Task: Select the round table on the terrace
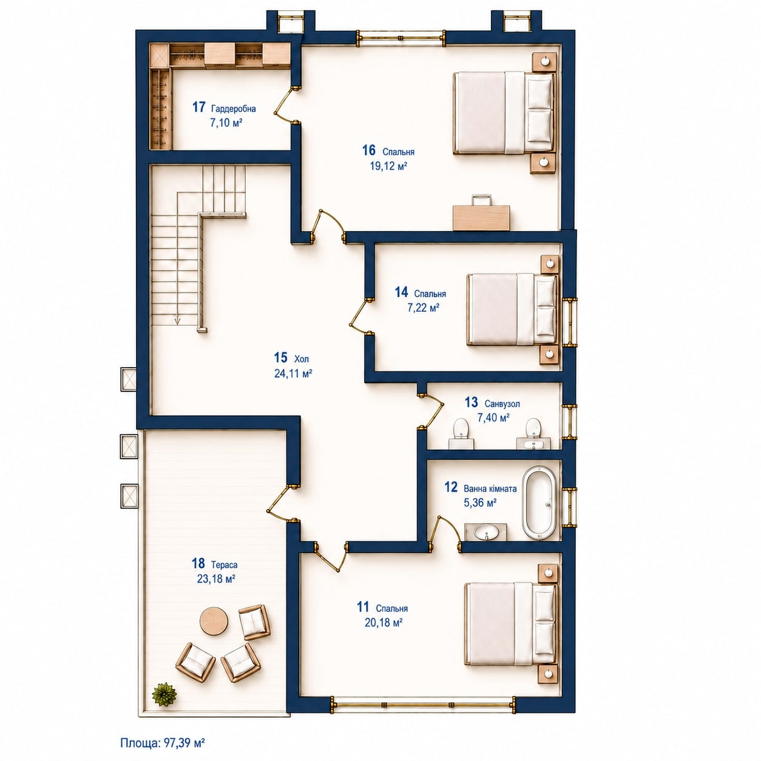click(214, 621)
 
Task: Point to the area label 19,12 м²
click(388, 166)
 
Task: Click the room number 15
click(280, 358)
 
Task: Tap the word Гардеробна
click(234, 109)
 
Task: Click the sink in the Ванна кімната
click(485, 532)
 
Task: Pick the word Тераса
click(224, 564)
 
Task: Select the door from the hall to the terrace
click(281, 504)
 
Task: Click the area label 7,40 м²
click(493, 418)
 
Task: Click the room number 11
click(363, 607)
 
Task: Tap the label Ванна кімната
click(490, 489)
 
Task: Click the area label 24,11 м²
click(294, 373)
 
